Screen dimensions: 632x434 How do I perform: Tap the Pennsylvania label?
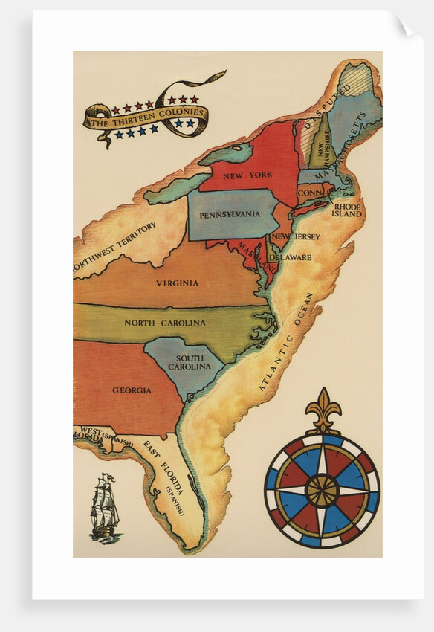point(230,214)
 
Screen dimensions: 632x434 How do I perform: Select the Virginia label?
point(177,283)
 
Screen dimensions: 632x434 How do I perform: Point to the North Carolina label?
point(164,323)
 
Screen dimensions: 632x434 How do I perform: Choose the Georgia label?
point(132,390)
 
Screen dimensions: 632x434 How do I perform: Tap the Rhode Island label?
point(346,210)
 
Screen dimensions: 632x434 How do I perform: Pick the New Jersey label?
point(296,236)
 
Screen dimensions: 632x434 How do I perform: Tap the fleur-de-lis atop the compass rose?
point(323,410)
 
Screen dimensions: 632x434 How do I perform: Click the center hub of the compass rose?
point(322,490)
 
